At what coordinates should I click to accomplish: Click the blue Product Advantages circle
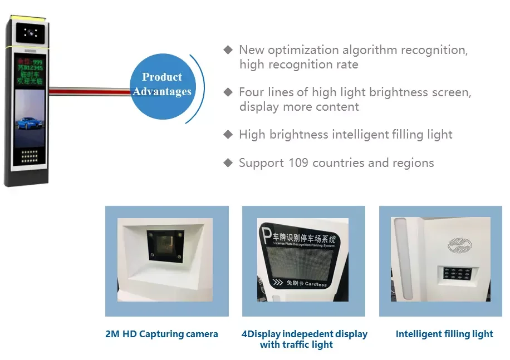162,85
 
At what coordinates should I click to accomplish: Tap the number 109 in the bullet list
299,163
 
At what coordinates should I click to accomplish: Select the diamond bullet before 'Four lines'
228,92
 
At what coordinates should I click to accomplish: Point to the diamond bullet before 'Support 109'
228,163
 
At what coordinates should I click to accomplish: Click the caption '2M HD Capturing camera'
161,334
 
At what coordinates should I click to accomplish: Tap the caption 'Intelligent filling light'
444,334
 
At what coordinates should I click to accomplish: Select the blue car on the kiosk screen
29,123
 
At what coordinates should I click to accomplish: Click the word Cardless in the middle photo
316,284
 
